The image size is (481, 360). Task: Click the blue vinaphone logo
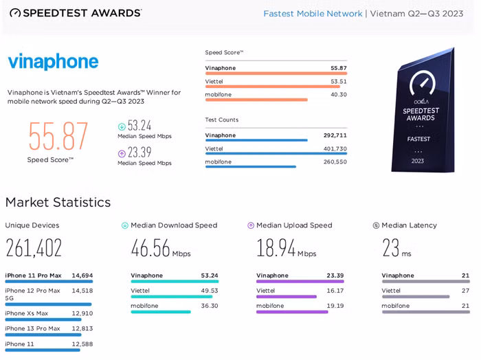click(53, 62)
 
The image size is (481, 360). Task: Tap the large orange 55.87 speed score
click(58, 136)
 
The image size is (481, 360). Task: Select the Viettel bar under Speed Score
click(272, 87)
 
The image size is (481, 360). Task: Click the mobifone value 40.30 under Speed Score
click(338, 94)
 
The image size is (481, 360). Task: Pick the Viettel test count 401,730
click(335, 148)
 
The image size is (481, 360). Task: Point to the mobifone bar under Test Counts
click(251, 167)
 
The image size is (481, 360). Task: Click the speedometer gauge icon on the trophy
click(423, 83)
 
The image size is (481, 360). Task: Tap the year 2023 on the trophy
click(418, 161)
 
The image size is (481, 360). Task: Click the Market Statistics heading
click(58, 203)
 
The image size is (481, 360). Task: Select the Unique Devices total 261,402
click(34, 248)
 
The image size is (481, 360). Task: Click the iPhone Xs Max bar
click(43, 320)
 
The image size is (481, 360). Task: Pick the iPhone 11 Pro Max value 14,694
click(82, 275)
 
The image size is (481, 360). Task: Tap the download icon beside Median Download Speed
click(125, 226)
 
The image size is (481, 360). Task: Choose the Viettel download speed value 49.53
click(210, 291)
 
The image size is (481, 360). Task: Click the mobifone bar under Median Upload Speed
click(292, 312)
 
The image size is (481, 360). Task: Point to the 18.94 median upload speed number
click(276, 248)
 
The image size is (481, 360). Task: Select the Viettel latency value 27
click(465, 291)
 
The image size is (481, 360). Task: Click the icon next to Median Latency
click(376, 226)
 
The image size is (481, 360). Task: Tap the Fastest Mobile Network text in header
click(313, 14)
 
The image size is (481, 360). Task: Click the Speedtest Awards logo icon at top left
click(15, 13)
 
